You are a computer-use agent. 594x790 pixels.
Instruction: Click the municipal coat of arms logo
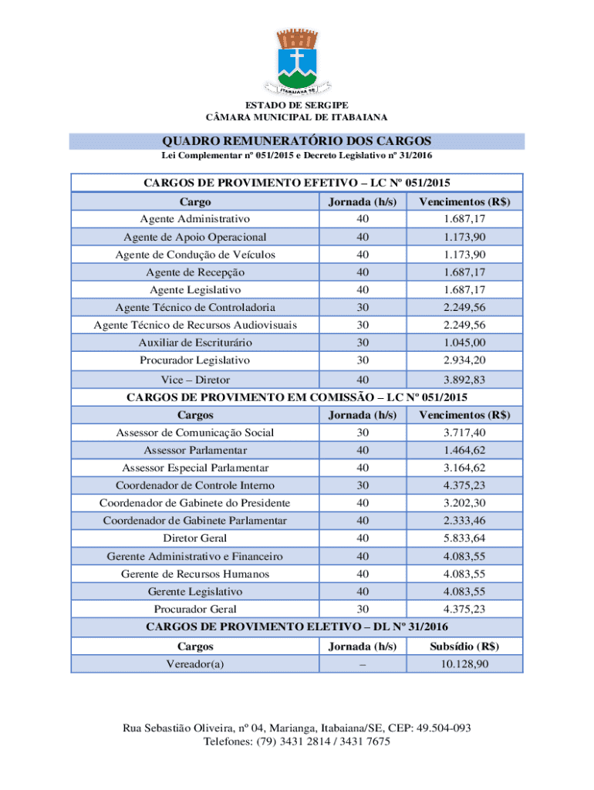(296, 61)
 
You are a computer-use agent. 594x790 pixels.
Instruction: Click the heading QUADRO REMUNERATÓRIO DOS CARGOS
(296, 141)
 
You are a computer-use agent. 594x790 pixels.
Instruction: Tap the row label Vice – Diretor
(195, 380)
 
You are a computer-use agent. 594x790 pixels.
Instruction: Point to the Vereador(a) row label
(195, 663)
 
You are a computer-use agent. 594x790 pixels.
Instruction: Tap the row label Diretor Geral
(195, 538)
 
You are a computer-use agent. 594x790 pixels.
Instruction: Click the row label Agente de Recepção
(195, 272)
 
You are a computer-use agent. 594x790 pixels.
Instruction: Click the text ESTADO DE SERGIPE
(296, 104)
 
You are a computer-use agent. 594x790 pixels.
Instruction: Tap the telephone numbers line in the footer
(296, 741)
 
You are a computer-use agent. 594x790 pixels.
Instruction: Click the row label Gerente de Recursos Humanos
(195, 574)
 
